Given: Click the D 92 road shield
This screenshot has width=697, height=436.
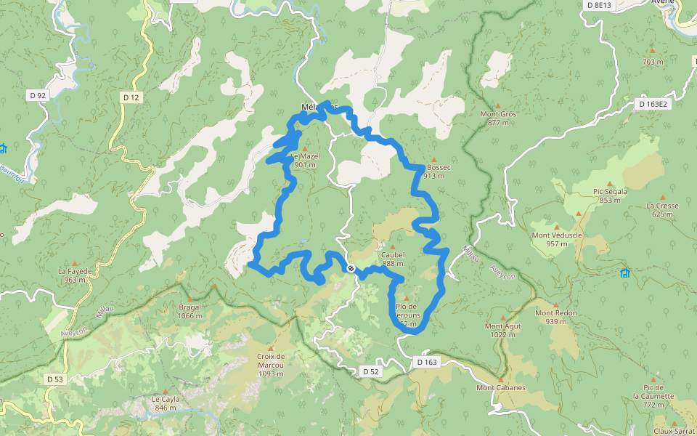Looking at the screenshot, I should pos(38,95).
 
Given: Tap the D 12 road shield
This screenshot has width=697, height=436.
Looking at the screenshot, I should pos(131,97).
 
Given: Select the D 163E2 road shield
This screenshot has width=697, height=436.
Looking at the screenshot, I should pos(653,104).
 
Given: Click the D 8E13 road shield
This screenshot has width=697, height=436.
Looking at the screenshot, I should pos(599,5).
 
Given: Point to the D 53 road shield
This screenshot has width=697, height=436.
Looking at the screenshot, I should pos(54,379).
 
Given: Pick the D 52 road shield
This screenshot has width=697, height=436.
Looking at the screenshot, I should pos(370,371).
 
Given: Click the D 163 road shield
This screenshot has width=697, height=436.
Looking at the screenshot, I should pos(428,361).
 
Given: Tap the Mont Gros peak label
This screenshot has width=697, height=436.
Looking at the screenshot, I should pos(498,118).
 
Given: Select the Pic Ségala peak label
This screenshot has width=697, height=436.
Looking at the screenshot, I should pos(610,195).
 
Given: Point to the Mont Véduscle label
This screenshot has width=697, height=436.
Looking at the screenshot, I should pos(557,238).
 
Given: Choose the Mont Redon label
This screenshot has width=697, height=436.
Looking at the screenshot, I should pos(555,316).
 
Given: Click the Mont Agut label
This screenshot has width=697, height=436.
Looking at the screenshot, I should pos(503,330).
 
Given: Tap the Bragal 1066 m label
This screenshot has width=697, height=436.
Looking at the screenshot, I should pos(190,310).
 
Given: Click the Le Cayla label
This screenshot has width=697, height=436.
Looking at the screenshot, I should pos(165,403).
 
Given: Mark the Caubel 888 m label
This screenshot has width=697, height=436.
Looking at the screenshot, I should pos(392,259).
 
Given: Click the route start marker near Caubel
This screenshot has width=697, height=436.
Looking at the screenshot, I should pos(351,269).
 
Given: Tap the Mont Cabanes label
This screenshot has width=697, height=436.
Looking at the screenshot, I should pos(500,387).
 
